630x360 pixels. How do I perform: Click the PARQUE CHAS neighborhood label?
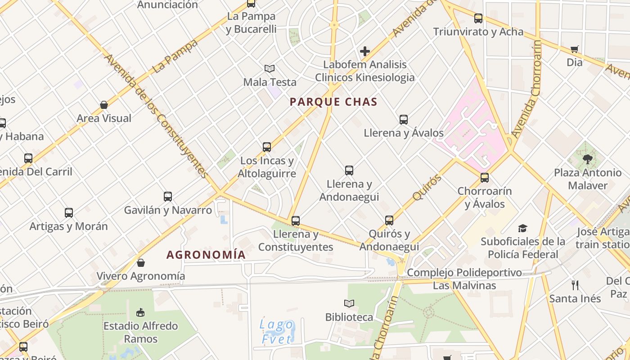tap(333, 102)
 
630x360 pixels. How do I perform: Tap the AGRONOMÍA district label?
tap(206, 255)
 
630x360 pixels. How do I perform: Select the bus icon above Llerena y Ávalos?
tap(404, 119)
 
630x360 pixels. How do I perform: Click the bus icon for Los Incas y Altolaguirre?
tap(267, 147)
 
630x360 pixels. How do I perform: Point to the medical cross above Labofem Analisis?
tap(365, 51)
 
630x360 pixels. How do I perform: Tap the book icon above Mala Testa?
tap(270, 68)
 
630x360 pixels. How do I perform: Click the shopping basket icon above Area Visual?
tap(104, 105)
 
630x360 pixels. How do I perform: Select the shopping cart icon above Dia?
tap(574, 49)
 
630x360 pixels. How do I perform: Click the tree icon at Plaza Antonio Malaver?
tap(587, 159)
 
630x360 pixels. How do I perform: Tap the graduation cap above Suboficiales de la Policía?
tap(522, 228)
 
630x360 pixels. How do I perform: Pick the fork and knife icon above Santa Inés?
tap(575, 285)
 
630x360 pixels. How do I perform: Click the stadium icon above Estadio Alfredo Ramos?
tap(140, 312)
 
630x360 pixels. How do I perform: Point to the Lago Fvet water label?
tap(277, 331)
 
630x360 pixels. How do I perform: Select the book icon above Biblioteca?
tap(349, 303)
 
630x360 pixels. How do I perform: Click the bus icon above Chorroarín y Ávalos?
tap(485, 177)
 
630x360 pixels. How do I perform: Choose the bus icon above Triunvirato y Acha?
tap(478, 18)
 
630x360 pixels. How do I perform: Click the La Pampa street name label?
tap(175, 57)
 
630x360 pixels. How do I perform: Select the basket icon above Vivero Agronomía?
tap(141, 262)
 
